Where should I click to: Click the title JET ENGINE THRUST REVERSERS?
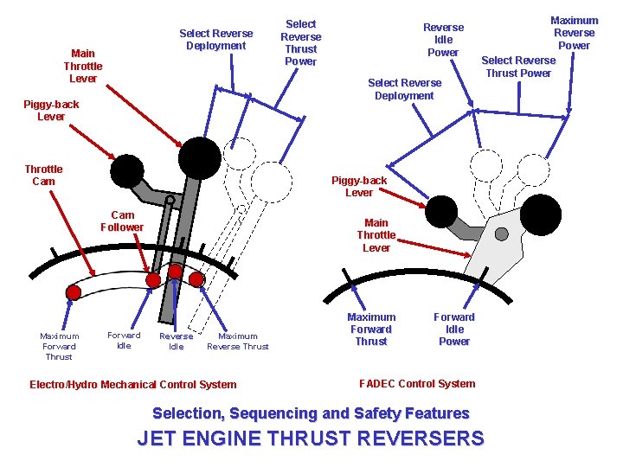click(311, 438)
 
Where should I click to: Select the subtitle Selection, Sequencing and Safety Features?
click(311, 413)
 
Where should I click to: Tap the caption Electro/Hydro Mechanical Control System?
click(132, 385)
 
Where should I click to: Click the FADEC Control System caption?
click(416, 384)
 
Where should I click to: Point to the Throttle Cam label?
click(43, 176)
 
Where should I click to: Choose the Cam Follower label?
click(122, 221)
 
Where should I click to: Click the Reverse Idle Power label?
click(443, 40)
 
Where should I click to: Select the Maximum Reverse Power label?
click(575, 33)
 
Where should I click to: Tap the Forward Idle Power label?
click(454, 329)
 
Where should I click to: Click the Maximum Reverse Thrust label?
click(238, 342)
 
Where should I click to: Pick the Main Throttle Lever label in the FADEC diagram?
click(376, 235)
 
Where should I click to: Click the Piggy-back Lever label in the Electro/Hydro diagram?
click(51, 111)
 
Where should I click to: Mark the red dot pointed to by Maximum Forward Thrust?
click(74, 293)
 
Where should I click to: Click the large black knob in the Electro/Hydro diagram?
click(201, 157)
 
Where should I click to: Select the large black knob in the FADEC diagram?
click(542, 214)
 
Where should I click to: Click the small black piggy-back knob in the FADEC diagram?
click(443, 209)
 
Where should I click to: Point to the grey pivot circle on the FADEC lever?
click(501, 234)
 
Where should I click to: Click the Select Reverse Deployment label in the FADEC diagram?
click(404, 89)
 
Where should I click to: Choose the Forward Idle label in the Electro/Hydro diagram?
click(124, 341)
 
